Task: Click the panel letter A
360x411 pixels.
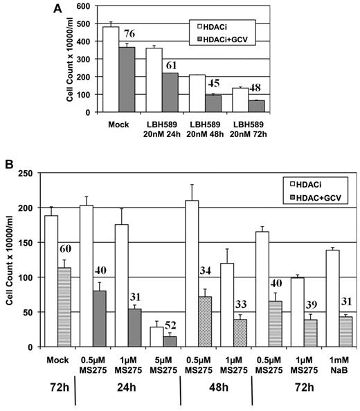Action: click(x=60, y=8)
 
